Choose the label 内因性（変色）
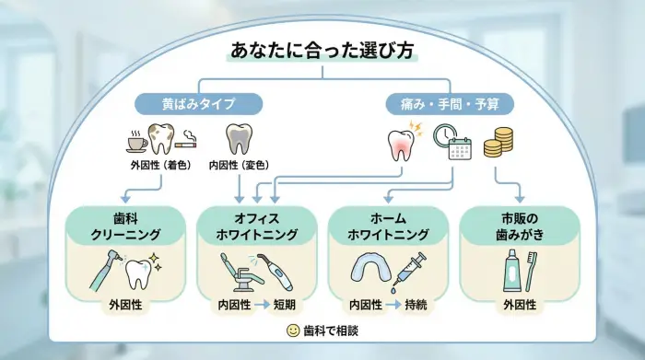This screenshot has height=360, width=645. [238, 166]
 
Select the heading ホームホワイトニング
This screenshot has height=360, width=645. [388, 227]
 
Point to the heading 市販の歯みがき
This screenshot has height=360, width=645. [520, 227]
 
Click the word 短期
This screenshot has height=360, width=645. [285, 304]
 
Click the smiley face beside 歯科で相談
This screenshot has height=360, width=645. [292, 330]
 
